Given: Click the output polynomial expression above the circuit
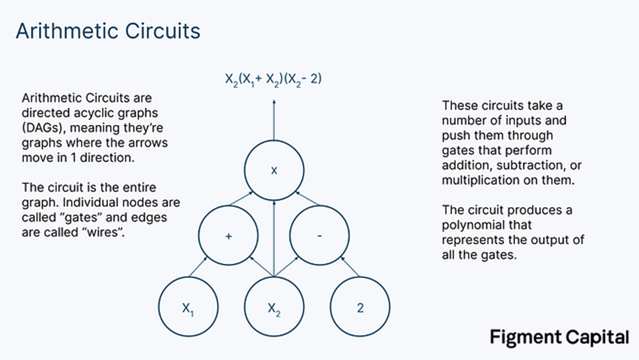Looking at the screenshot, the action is coord(273,78).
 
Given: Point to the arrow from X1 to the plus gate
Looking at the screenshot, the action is coord(198,267).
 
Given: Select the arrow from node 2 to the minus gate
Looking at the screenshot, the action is coord(350,267).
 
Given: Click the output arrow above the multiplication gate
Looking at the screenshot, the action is coord(274,120).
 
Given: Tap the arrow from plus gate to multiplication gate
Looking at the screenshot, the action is coord(242,198).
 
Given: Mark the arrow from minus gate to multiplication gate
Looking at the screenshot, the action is coord(307,198).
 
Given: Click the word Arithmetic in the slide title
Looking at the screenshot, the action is coord(66,31).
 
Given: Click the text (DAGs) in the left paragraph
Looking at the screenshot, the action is coord(44,128).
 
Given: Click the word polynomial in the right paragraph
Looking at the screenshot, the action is coord(487,225).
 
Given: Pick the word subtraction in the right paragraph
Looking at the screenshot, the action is coord(530,166).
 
